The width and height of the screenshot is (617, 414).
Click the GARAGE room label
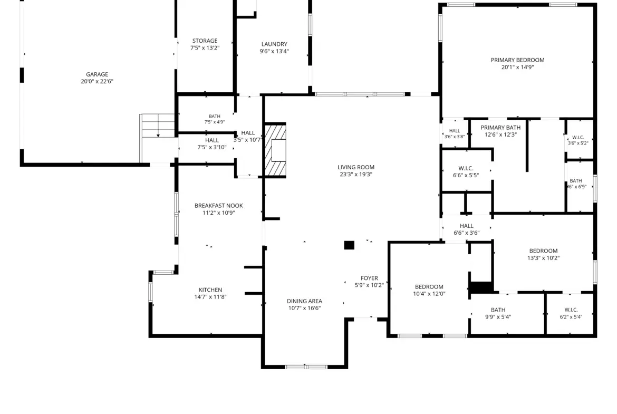tap(97, 74)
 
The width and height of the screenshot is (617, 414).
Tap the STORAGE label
tap(205, 41)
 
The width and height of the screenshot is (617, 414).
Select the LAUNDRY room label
tap(274, 44)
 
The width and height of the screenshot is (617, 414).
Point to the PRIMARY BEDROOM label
tap(517, 60)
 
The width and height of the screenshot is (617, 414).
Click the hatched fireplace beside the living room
tap(275, 150)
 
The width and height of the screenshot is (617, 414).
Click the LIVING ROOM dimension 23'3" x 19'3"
tap(356, 175)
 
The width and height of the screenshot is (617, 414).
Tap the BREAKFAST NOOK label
tap(219, 206)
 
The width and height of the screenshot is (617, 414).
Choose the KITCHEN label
tap(210, 290)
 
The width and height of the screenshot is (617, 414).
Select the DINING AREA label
tap(305, 302)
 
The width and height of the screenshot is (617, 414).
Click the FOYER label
tap(370, 278)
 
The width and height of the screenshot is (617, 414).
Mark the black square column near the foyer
tap(349, 245)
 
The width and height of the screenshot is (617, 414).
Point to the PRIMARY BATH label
tap(500, 128)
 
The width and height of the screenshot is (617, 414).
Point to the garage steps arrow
tap(158, 126)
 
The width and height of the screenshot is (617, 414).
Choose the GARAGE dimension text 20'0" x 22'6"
tap(97, 81)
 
